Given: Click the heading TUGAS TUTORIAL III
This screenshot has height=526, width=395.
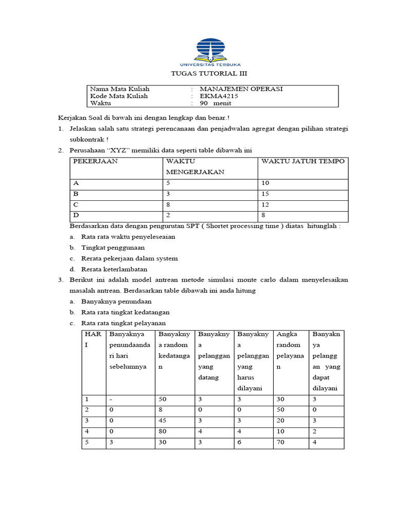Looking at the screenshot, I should pyautogui.click(x=198, y=74).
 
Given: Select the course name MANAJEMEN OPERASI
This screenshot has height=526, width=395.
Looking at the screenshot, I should pyautogui.click(x=241, y=89).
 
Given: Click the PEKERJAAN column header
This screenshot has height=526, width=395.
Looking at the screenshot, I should pyautogui.click(x=96, y=161).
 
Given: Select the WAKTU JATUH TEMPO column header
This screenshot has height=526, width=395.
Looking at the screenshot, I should pyautogui.click(x=303, y=161).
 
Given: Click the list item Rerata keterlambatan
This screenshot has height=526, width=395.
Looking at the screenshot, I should pyautogui.click(x=114, y=269).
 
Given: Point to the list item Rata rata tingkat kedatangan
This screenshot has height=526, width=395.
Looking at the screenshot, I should pyautogui.click(x=125, y=312).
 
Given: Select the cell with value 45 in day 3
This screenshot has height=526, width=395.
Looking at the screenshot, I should pyautogui.click(x=164, y=421).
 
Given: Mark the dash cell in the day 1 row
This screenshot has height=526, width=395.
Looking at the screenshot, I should pyautogui.click(x=111, y=399).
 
